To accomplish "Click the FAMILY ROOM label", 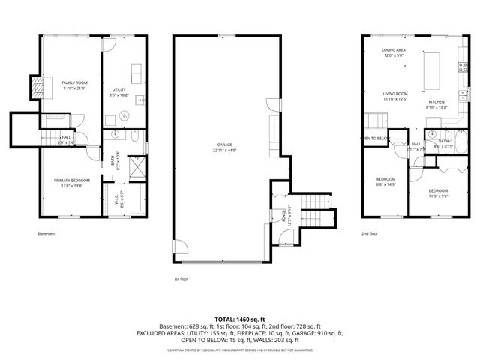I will (x=75, y=82).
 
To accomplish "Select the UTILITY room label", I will (x=118, y=89).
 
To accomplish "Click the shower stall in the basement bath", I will (x=136, y=166).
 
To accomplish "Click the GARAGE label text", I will (x=223, y=145).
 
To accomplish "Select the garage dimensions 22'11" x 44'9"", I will (x=223, y=151).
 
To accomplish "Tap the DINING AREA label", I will (x=393, y=49).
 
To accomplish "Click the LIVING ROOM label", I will (x=394, y=94).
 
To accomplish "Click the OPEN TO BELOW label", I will (x=374, y=139).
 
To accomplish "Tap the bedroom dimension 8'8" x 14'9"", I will (x=385, y=184).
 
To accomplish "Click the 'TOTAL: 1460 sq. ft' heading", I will (x=240, y=319).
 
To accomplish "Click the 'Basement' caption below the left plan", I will (x=46, y=234).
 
